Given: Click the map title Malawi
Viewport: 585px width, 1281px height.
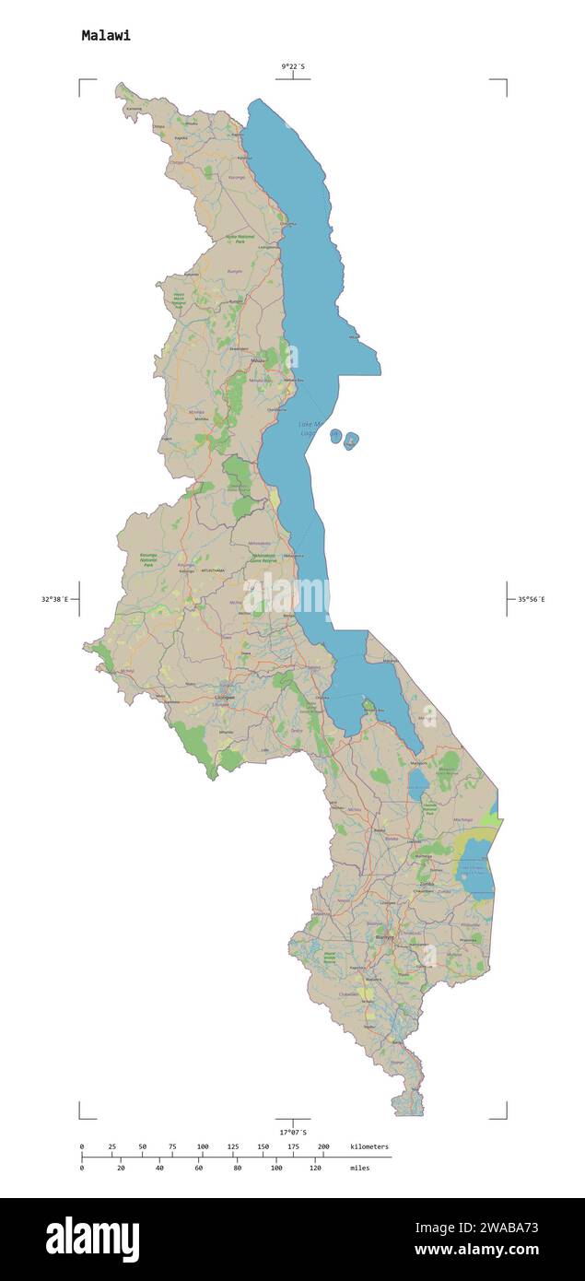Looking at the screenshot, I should tap(106, 36).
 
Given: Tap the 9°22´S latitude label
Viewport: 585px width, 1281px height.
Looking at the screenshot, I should tap(294, 66).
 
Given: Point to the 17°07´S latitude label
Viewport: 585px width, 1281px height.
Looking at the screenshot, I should tap(293, 1132).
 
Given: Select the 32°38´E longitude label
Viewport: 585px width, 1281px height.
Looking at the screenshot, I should tap(54, 600).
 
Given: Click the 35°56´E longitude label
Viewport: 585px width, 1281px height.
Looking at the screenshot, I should tap(531, 600).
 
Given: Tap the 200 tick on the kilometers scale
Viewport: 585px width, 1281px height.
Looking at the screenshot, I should tap(323, 1146).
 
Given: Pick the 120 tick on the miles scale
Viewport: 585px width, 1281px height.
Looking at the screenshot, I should tap(315, 1168).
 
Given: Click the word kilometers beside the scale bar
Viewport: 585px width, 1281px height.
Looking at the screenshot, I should tap(369, 1146).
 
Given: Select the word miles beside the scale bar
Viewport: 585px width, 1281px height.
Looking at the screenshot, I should tap(361, 1168).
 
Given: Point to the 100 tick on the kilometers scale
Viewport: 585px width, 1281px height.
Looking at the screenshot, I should tap(203, 1146).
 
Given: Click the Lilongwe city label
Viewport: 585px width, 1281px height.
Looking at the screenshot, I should tap(224, 699).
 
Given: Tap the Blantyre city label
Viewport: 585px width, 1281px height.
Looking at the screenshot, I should tap(386, 937).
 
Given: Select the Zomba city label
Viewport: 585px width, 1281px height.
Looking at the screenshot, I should tap(426, 884).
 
